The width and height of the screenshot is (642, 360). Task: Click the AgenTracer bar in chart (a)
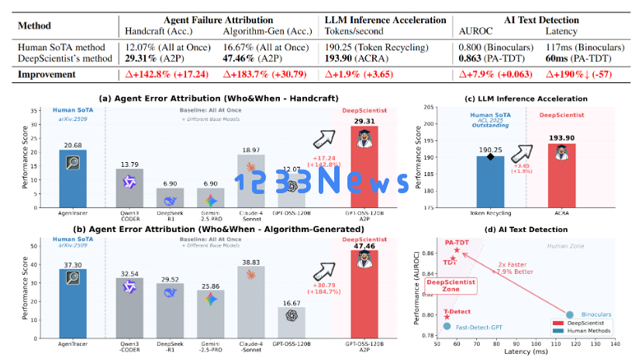click(73, 178)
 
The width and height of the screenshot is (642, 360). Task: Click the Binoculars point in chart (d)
click(570, 315)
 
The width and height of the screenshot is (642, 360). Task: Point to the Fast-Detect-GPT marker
click(447, 327)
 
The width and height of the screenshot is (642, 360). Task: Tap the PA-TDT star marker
click(457, 250)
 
